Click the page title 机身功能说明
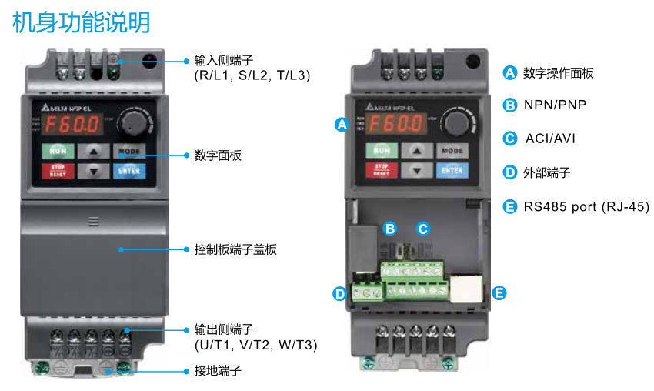(81, 22)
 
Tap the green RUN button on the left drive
(58, 151)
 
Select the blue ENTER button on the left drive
(128, 171)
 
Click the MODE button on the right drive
(452, 151)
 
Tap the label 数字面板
(218, 155)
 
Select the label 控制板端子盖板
(235, 249)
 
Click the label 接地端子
(218, 370)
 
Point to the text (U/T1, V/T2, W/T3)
(255, 344)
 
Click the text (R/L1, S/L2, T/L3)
(252, 75)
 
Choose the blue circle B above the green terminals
(390, 229)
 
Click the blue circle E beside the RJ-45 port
(499, 292)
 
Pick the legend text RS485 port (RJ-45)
(586, 206)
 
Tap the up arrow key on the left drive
(93, 151)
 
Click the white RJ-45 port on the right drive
(467, 289)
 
